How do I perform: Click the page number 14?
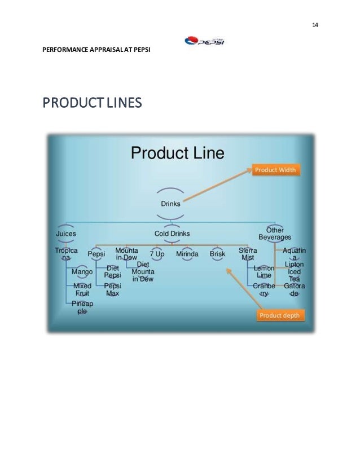pyautogui.click(x=315, y=26)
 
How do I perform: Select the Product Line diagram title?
pyautogui.click(x=178, y=153)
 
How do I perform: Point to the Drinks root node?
pyautogui.click(x=171, y=204)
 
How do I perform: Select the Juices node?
pyautogui.click(x=66, y=232)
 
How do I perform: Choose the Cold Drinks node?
pyautogui.click(x=172, y=233)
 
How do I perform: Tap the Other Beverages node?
pyautogui.click(x=275, y=234)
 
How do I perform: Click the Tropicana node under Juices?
pyautogui.click(x=66, y=253)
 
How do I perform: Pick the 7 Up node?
pyautogui.click(x=157, y=254)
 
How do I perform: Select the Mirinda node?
pyautogui.click(x=187, y=254)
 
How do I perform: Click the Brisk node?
pyautogui.click(x=217, y=254)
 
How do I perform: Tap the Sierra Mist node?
pyautogui.click(x=248, y=253)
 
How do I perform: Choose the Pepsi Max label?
pyautogui.click(x=113, y=289)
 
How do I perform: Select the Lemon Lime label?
pyautogui.click(x=264, y=272)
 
